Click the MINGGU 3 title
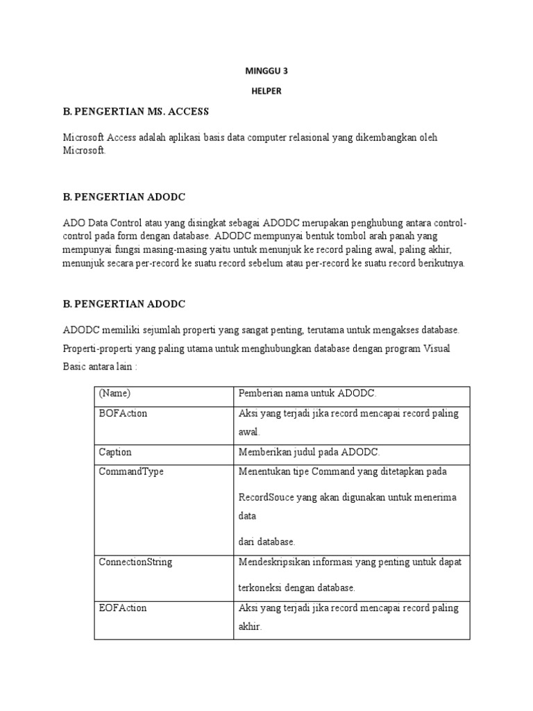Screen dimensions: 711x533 coord(266,70)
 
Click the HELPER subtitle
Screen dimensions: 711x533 coord(266,91)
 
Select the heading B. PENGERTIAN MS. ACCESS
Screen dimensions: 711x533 coord(135,111)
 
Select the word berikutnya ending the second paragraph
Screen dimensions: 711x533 coord(441,263)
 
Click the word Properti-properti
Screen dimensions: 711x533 coord(96,349)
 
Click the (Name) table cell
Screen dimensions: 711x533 coord(115,394)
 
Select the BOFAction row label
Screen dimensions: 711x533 coord(124,413)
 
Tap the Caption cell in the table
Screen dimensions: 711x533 coord(115,452)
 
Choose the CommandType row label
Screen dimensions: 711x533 coord(131,471)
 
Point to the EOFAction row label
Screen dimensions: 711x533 coord(123,608)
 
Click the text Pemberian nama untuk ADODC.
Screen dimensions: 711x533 coord(307,394)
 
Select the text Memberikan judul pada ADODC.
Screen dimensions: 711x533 coord(309,452)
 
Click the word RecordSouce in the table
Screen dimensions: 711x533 coord(266,498)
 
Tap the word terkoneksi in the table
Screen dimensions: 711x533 coord(260,588)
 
